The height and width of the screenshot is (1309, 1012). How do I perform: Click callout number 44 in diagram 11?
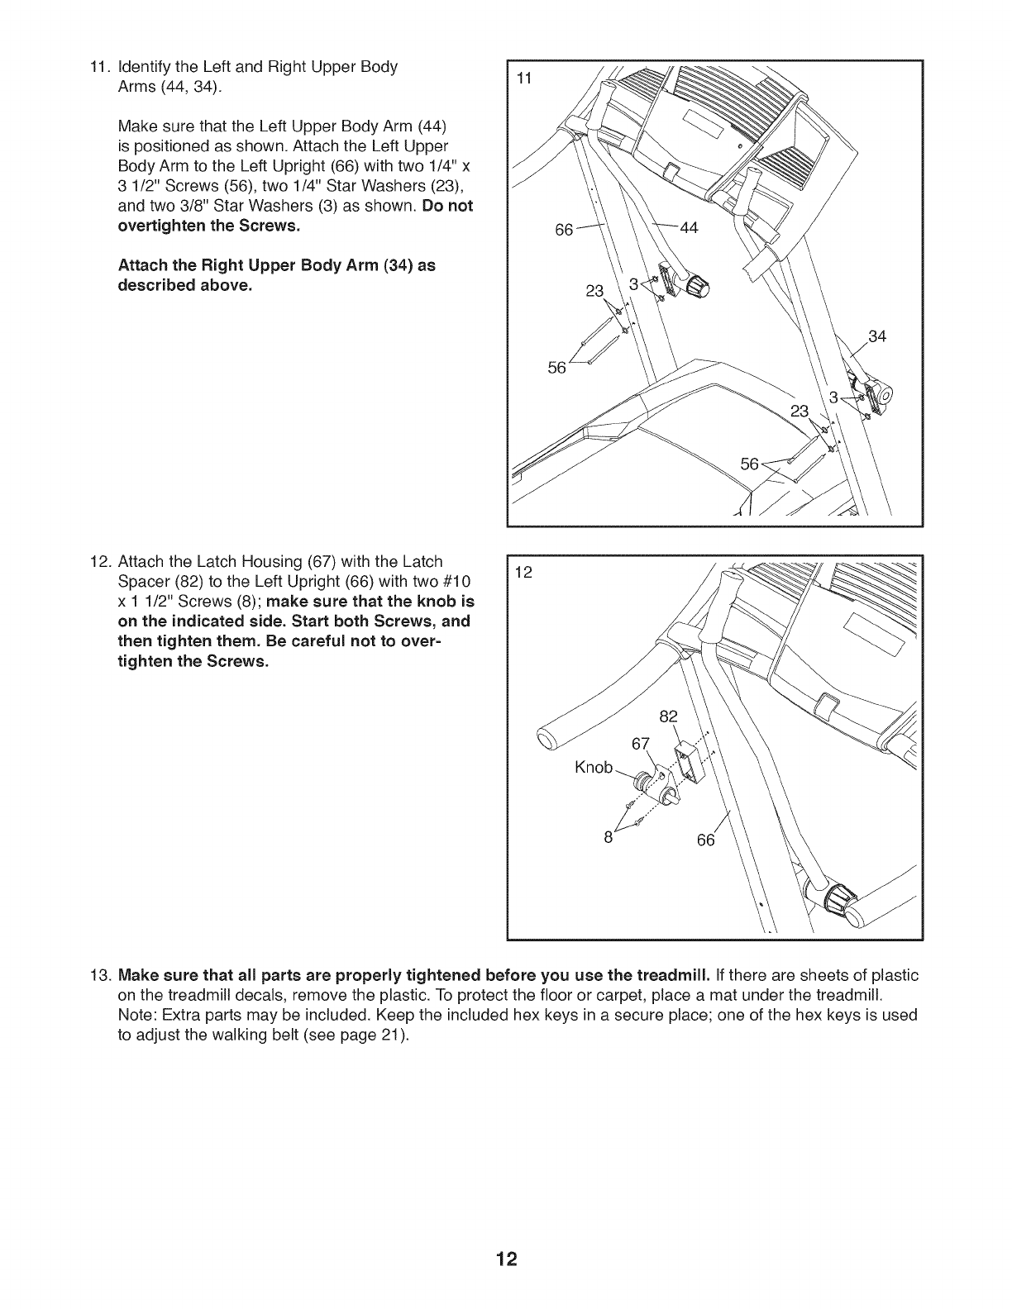click(x=689, y=229)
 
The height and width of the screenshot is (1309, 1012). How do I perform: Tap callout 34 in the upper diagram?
click(x=877, y=336)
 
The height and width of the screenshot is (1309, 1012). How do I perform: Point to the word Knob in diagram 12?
click(x=594, y=768)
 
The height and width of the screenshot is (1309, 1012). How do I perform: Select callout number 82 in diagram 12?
click(x=669, y=716)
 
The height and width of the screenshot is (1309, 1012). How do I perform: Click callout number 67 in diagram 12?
click(x=642, y=743)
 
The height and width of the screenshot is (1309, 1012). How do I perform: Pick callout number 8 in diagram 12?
click(x=608, y=836)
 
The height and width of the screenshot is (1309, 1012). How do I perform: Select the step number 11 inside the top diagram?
click(x=523, y=79)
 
